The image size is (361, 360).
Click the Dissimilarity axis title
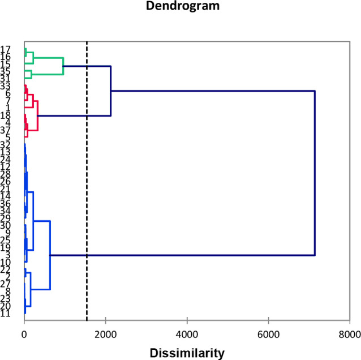pos(187,353)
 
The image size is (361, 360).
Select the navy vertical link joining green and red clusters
pos(111,91)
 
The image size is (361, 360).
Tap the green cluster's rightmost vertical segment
pos(63,66)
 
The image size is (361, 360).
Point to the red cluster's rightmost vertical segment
pos(38,115)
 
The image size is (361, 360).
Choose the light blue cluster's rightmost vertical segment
pos(50,255)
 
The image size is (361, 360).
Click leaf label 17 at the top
pos(6,49)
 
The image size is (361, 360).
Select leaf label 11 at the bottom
pos(6,313)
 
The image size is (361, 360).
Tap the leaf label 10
pos(6,262)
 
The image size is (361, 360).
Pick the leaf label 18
pos(6,115)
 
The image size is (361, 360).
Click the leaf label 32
pos(6,145)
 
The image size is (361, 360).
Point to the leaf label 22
pos(6,269)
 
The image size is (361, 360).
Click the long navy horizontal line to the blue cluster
pos(181,255)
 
